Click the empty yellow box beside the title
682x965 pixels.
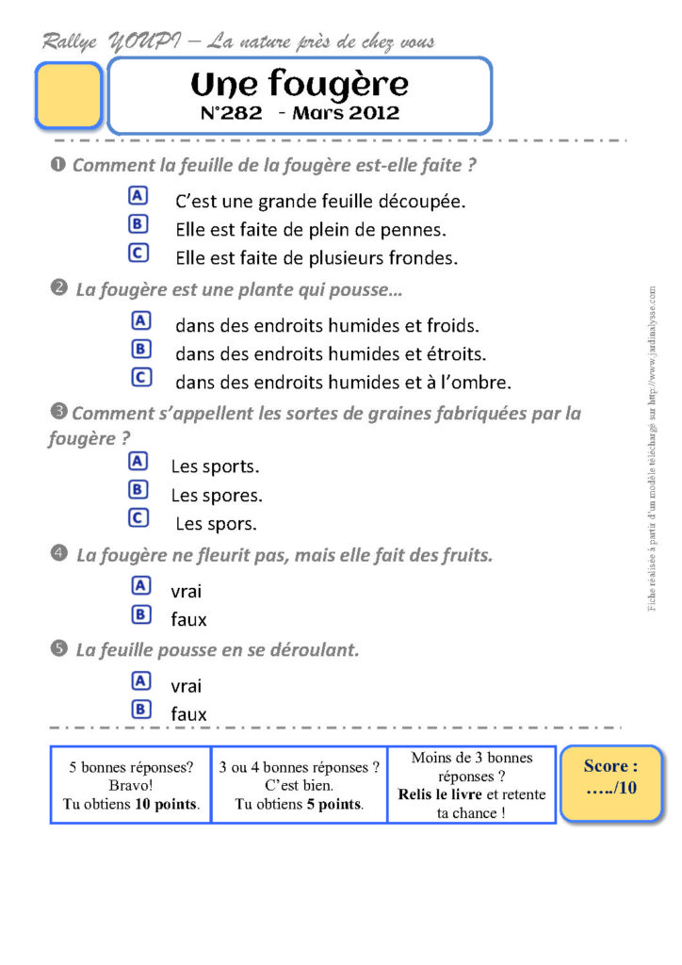(x=68, y=95)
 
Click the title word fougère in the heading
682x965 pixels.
(x=338, y=85)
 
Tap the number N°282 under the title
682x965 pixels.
(x=234, y=113)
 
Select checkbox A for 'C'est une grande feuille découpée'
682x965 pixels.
(x=138, y=195)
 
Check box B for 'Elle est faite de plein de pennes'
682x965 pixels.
(x=138, y=223)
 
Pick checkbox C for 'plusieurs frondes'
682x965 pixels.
(x=138, y=253)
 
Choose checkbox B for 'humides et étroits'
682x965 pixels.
(x=141, y=350)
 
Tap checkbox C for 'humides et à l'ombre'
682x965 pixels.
(x=141, y=378)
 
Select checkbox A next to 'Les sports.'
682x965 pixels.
(x=138, y=461)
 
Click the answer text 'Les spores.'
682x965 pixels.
(x=217, y=495)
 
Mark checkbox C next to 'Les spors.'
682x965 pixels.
(x=138, y=517)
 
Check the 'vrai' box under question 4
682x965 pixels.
(x=141, y=585)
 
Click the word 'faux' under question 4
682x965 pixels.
(x=188, y=620)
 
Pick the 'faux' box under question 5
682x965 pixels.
(x=141, y=709)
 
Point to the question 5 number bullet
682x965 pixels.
(x=58, y=648)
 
